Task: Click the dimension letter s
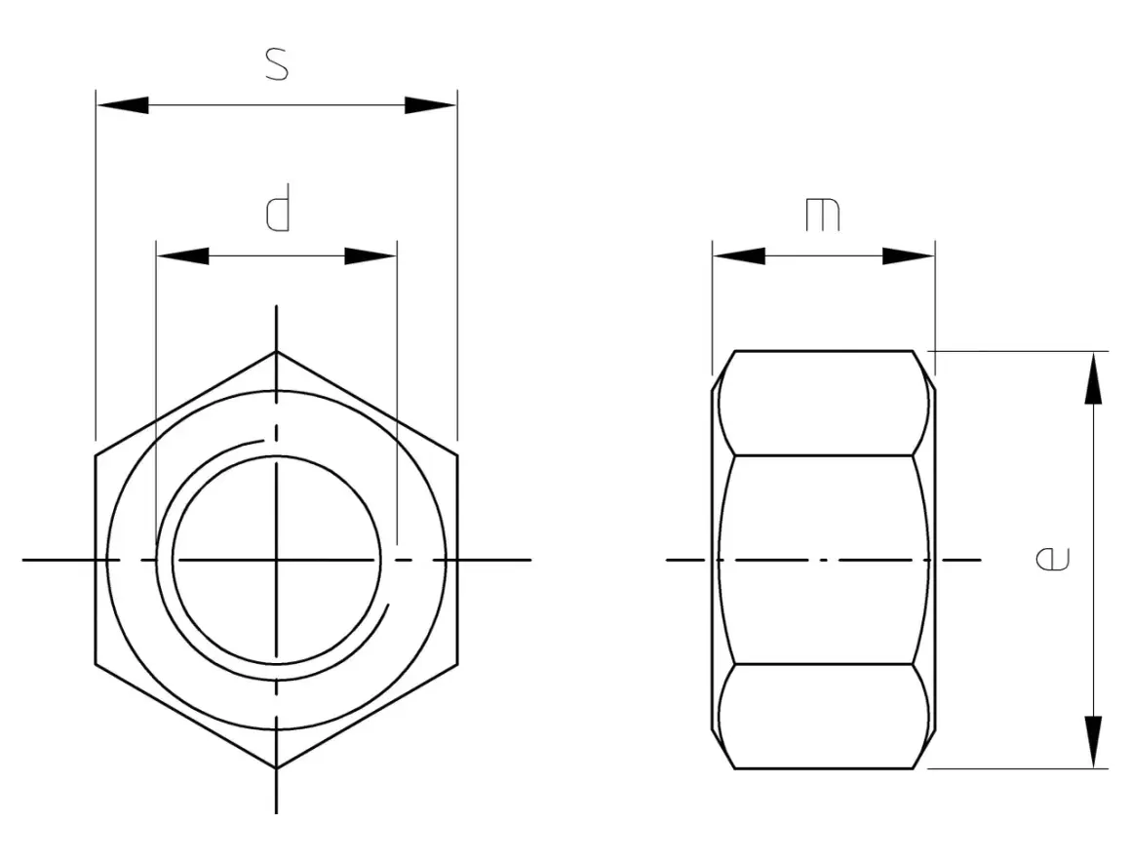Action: pos(277,63)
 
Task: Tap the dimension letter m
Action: pos(823,215)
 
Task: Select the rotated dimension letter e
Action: pos(1052,559)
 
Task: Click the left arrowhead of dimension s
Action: pos(123,105)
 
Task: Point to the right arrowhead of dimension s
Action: pos(431,105)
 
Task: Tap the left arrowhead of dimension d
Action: pos(183,256)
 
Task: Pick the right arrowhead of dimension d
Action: pos(370,256)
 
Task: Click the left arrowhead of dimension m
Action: pos(739,256)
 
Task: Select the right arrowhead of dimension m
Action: pos(909,256)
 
